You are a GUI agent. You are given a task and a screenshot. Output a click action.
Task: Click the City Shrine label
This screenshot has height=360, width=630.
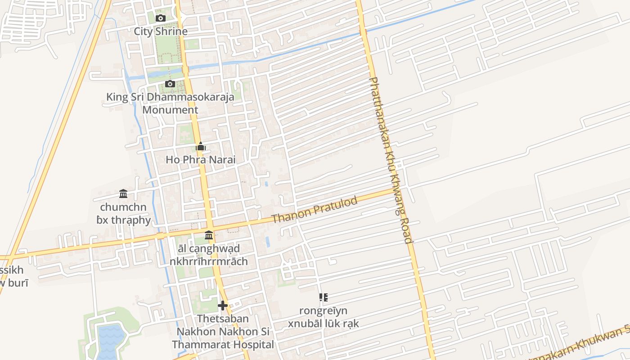pyautogui.click(x=161, y=31)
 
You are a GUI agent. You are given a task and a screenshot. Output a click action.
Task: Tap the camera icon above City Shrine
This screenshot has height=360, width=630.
pyautogui.click(x=161, y=18)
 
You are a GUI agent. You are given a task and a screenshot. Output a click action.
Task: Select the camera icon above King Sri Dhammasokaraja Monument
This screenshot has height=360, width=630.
pyautogui.click(x=170, y=84)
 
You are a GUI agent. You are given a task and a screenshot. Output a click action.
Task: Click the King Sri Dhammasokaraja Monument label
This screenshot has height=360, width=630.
pyautogui.click(x=170, y=103)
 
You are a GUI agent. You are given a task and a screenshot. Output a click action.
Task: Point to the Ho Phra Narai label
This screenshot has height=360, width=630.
pyautogui.click(x=201, y=160)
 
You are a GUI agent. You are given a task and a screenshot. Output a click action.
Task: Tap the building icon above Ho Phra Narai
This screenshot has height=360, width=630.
pyautogui.click(x=201, y=146)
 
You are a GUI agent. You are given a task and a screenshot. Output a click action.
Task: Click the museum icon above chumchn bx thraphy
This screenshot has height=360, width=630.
pyautogui.click(x=123, y=194)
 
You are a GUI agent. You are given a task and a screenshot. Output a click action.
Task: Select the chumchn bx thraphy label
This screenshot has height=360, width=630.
pyautogui.click(x=125, y=214)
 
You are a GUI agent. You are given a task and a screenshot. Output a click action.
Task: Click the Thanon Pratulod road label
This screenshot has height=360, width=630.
pyautogui.click(x=315, y=210)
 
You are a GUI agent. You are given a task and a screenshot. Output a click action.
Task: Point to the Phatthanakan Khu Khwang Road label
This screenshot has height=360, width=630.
pyautogui.click(x=391, y=160)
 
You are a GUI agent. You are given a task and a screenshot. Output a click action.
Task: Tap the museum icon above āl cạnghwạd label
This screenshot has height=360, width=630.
pyautogui.click(x=209, y=235)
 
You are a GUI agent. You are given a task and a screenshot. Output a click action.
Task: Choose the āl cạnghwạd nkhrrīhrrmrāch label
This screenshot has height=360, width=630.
pyautogui.click(x=209, y=255)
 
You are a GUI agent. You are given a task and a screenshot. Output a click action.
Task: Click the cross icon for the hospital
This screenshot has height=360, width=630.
pyautogui.click(x=222, y=306)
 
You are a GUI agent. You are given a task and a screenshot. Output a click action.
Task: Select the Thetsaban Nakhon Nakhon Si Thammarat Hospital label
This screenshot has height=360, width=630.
pyautogui.click(x=223, y=332)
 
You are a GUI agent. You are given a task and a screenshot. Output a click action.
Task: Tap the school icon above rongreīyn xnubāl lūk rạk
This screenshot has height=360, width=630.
pyautogui.click(x=323, y=297)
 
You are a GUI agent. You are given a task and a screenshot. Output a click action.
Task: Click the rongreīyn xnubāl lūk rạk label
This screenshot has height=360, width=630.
pyautogui.click(x=324, y=317)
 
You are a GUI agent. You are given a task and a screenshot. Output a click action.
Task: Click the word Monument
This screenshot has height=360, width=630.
pyautogui.click(x=170, y=110)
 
